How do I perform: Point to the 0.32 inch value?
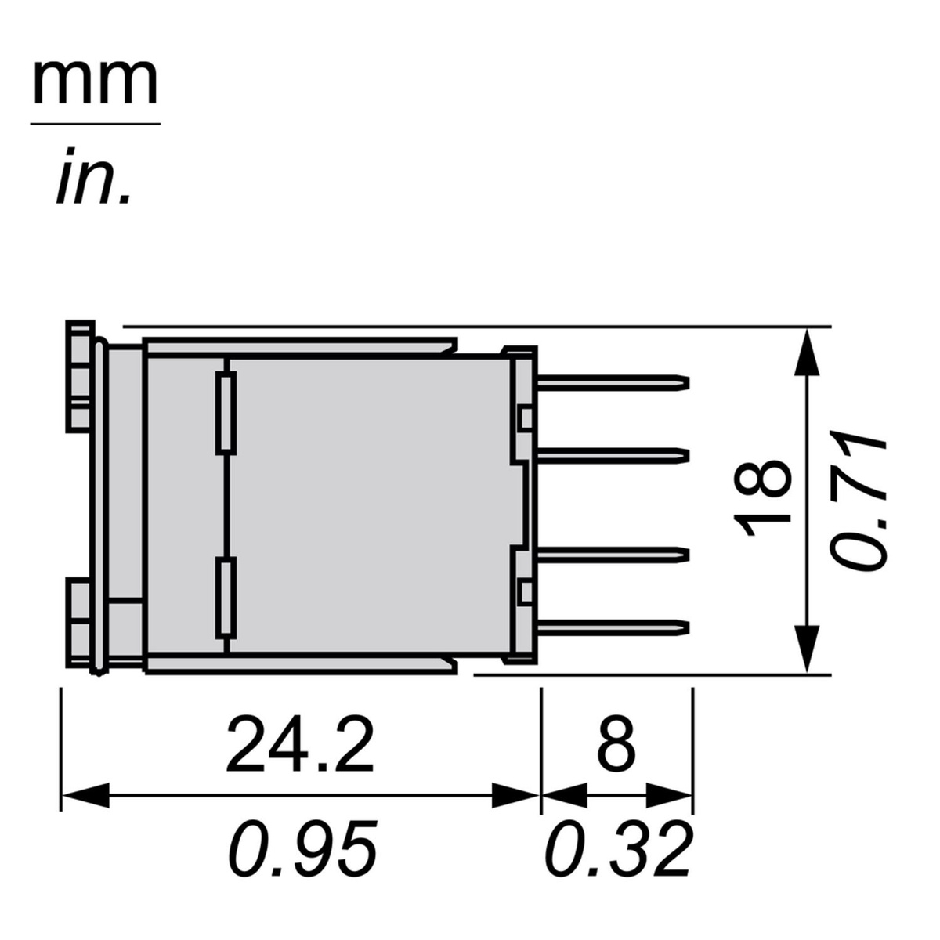618,849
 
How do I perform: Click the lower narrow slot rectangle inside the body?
226,598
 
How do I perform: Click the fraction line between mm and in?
95,124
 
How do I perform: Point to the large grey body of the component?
368,501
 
